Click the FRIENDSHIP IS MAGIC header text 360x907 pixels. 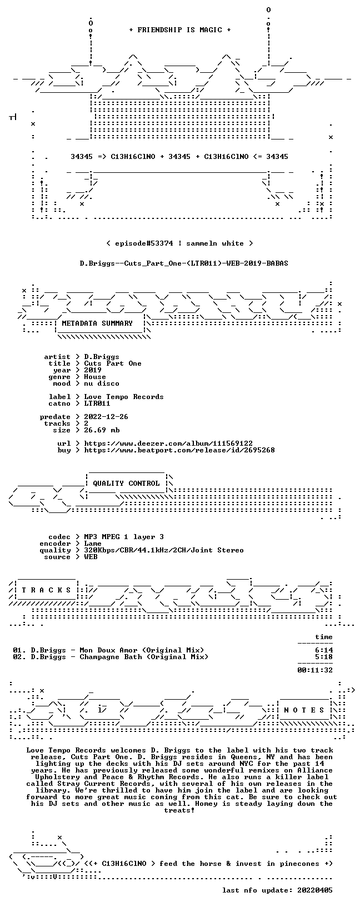(180, 30)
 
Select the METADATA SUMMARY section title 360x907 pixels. (97, 323)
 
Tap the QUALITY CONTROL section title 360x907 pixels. (126, 484)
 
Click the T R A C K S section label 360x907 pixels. (46, 590)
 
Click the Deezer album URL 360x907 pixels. (168, 443)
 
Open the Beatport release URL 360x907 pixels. (179, 450)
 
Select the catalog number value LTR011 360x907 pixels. (97, 403)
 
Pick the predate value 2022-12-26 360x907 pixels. (106, 417)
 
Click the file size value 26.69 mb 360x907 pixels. (102, 430)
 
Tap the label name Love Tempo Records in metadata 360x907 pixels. (124, 397)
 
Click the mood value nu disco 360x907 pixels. (102, 383)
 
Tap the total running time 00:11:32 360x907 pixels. (315, 670)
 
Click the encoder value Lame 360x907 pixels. (93, 544)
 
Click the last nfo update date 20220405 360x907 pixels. (315, 890)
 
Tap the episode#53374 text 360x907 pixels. (144, 243)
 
